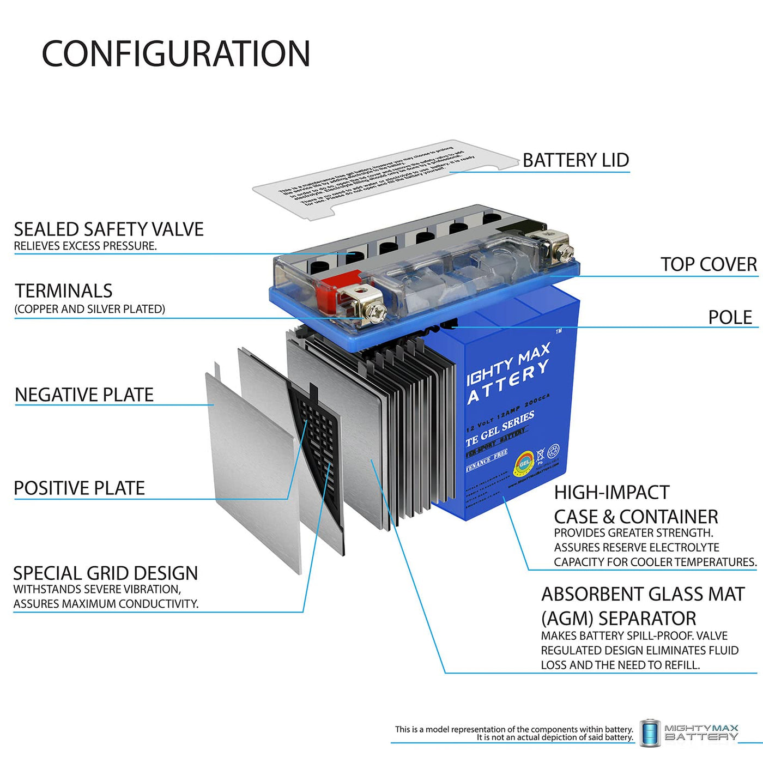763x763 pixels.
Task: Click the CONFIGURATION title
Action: pos(176,54)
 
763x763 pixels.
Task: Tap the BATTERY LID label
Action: pos(576,160)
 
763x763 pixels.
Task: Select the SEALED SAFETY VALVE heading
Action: pos(108,229)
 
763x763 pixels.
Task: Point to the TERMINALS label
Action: pos(63,291)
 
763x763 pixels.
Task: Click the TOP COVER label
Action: pos(708,264)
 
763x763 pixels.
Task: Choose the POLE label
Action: pos(730,317)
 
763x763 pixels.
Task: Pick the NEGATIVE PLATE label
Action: pos(84,395)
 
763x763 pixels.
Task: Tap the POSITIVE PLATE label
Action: pos(79,488)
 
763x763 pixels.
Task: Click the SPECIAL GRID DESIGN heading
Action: pos(105,573)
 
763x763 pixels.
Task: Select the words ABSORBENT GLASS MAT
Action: pos(643,594)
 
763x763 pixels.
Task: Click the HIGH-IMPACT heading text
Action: pos(611,493)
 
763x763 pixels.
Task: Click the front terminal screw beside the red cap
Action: pos(376,312)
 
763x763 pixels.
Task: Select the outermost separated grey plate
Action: pos(251,469)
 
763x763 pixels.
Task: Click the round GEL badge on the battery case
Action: pos(524,463)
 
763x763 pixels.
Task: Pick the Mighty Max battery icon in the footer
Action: pos(650,733)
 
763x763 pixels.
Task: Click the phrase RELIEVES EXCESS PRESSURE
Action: pos(85,246)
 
